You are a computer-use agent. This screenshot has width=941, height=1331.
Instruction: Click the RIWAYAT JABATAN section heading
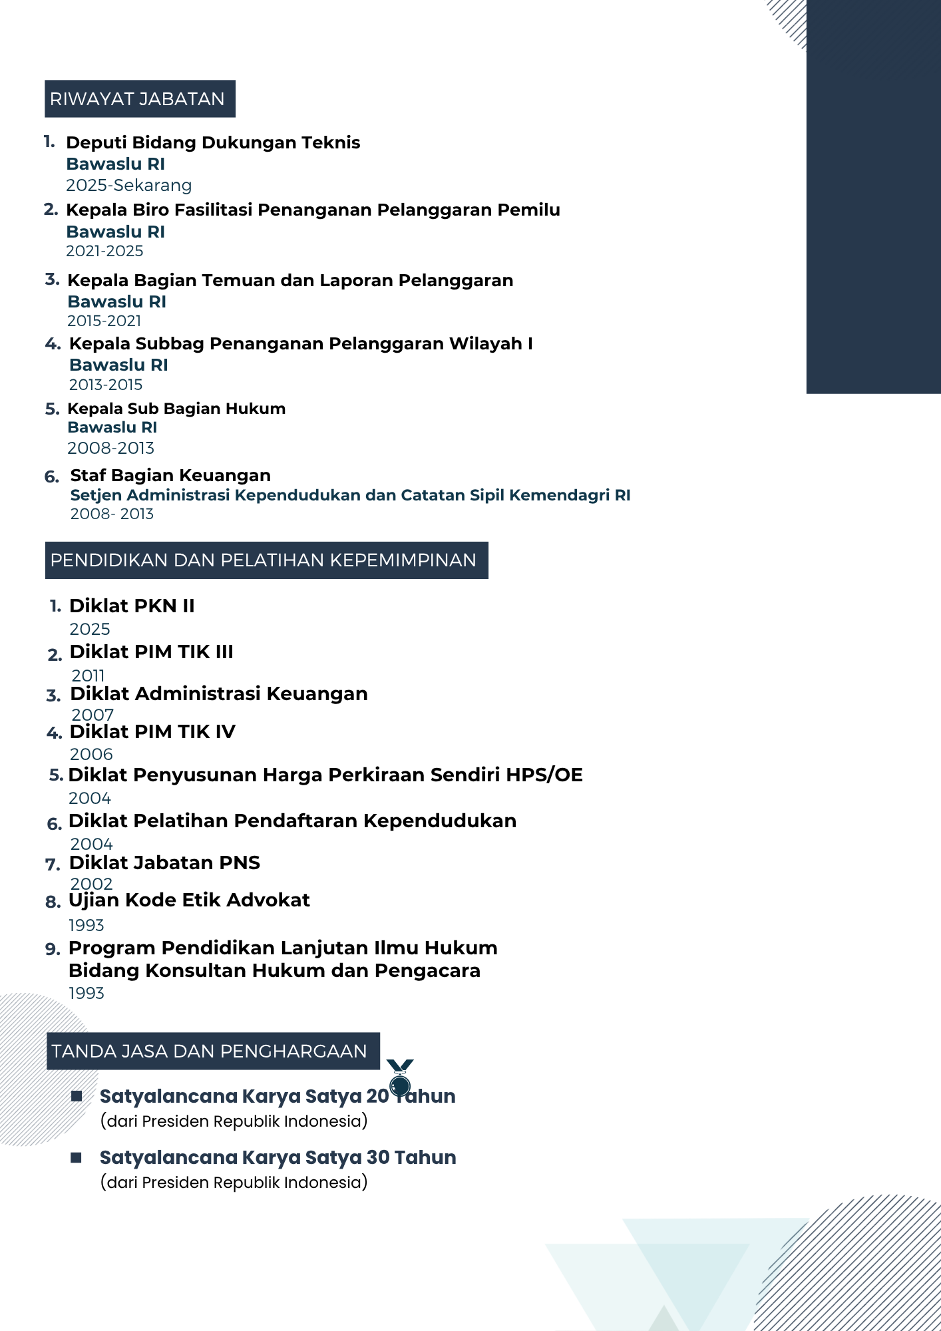coord(138,99)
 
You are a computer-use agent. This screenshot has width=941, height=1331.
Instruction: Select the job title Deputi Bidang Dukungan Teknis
coord(213,142)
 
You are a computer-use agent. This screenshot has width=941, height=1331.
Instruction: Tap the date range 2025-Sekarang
coord(128,185)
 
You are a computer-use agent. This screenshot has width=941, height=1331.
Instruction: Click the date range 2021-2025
coord(104,251)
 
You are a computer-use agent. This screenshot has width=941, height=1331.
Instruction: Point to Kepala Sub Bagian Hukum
coord(176,409)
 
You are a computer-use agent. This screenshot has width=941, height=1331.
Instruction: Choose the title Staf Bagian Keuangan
coord(170,475)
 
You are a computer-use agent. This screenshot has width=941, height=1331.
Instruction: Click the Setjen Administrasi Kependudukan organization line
coord(350,495)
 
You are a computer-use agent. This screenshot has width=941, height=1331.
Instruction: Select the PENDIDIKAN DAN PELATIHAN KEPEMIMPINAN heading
coord(264,560)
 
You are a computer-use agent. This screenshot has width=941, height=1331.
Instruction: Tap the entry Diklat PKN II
coord(132,606)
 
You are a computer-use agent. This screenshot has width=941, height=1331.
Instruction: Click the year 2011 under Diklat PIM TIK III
coord(88,675)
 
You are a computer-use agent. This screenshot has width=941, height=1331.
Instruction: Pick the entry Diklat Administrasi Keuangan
coord(219,693)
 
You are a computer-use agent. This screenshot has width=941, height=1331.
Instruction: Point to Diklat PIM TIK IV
coord(152,732)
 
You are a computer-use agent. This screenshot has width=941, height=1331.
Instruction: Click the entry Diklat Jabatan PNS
coord(164,863)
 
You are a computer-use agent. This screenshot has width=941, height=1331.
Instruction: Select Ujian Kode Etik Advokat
coord(189,900)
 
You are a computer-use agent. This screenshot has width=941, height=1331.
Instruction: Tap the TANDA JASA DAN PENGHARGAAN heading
coord(210,1051)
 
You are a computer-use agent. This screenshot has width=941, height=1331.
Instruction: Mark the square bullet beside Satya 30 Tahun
coord(77,1158)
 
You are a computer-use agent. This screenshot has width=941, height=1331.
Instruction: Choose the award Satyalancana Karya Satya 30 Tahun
coord(278,1158)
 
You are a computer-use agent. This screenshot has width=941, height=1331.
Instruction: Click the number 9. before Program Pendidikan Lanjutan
coord(53,950)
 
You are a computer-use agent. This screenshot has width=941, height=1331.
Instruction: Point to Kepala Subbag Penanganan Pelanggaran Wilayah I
coord(301,343)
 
